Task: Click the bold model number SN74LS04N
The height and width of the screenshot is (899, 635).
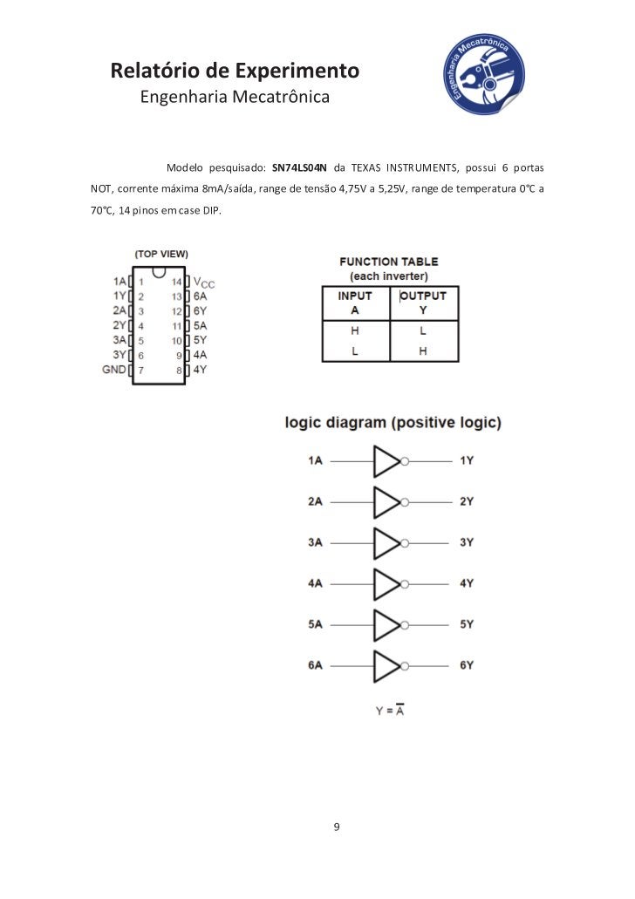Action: (x=300, y=167)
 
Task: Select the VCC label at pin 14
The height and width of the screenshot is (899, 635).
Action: (x=203, y=282)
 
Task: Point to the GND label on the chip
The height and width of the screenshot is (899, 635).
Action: (x=114, y=370)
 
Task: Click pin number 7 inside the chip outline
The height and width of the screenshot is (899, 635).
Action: (x=140, y=370)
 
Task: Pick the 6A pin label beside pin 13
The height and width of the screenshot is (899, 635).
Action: (x=200, y=296)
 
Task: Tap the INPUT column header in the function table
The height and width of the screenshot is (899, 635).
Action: (x=355, y=296)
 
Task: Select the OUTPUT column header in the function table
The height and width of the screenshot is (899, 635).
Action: (x=424, y=296)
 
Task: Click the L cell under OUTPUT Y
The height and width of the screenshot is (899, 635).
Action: (x=423, y=331)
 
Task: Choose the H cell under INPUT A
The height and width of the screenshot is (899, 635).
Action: (x=355, y=331)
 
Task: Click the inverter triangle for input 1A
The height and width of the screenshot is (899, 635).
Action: (x=386, y=460)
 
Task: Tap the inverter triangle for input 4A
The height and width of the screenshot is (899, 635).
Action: (x=386, y=582)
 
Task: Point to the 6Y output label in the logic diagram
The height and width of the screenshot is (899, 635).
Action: (x=467, y=665)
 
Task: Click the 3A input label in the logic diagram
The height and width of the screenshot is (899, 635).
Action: (x=315, y=542)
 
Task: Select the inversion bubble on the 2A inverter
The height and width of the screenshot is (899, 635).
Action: (x=405, y=502)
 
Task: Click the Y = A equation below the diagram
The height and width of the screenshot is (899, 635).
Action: (x=390, y=711)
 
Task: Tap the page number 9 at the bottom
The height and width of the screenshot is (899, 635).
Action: (x=337, y=826)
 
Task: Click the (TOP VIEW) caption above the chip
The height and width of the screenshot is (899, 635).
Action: (x=161, y=254)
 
